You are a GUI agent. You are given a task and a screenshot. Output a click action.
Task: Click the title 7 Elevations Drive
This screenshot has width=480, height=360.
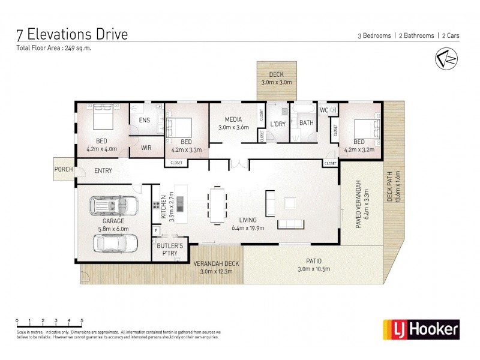click(73, 34)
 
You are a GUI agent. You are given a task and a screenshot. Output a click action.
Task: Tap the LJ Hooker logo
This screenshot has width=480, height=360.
click(421, 329)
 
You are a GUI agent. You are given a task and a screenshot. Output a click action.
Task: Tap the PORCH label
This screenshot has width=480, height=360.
click(64, 169)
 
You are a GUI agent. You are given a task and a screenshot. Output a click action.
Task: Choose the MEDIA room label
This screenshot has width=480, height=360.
click(233, 119)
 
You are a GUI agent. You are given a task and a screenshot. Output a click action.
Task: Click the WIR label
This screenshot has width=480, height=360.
click(146, 146)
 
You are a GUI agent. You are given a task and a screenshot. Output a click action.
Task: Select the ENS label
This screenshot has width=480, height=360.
click(144, 120)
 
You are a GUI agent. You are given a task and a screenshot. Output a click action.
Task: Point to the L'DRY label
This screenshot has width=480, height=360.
click(277, 124)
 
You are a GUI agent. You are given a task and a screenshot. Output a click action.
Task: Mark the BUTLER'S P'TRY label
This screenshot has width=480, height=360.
click(169, 250)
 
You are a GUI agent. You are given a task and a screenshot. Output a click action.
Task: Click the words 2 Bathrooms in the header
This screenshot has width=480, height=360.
click(416, 36)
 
